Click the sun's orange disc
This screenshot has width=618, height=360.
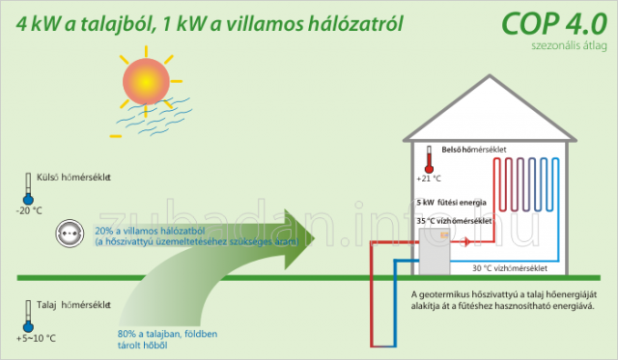pos(146,81)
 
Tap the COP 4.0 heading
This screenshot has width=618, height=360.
pos(553,23)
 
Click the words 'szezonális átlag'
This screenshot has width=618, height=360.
pos(569,45)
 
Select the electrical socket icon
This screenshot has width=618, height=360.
pos(70,234)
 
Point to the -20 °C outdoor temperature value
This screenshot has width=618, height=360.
pos(29,210)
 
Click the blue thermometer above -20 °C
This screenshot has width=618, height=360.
pos(28,188)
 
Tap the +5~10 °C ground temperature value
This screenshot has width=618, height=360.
pos(36,339)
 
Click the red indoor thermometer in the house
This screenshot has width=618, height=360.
pos(429,159)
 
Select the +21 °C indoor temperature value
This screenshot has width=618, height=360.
pos(429,179)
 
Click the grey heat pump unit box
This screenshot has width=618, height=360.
pos(435,251)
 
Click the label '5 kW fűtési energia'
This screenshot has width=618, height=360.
pos(451,203)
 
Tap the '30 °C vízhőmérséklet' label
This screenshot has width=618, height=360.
pos(510,268)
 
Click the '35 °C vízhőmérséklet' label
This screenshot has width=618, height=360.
pos(454,221)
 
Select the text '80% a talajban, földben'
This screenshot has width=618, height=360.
pos(167,334)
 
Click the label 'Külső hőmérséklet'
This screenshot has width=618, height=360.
pos(73,178)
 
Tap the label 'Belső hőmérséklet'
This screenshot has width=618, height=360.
pos(474,150)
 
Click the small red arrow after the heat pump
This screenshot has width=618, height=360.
pos(466,241)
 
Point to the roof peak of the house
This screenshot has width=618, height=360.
pos(490,75)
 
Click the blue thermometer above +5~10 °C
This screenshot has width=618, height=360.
pos(28,317)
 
